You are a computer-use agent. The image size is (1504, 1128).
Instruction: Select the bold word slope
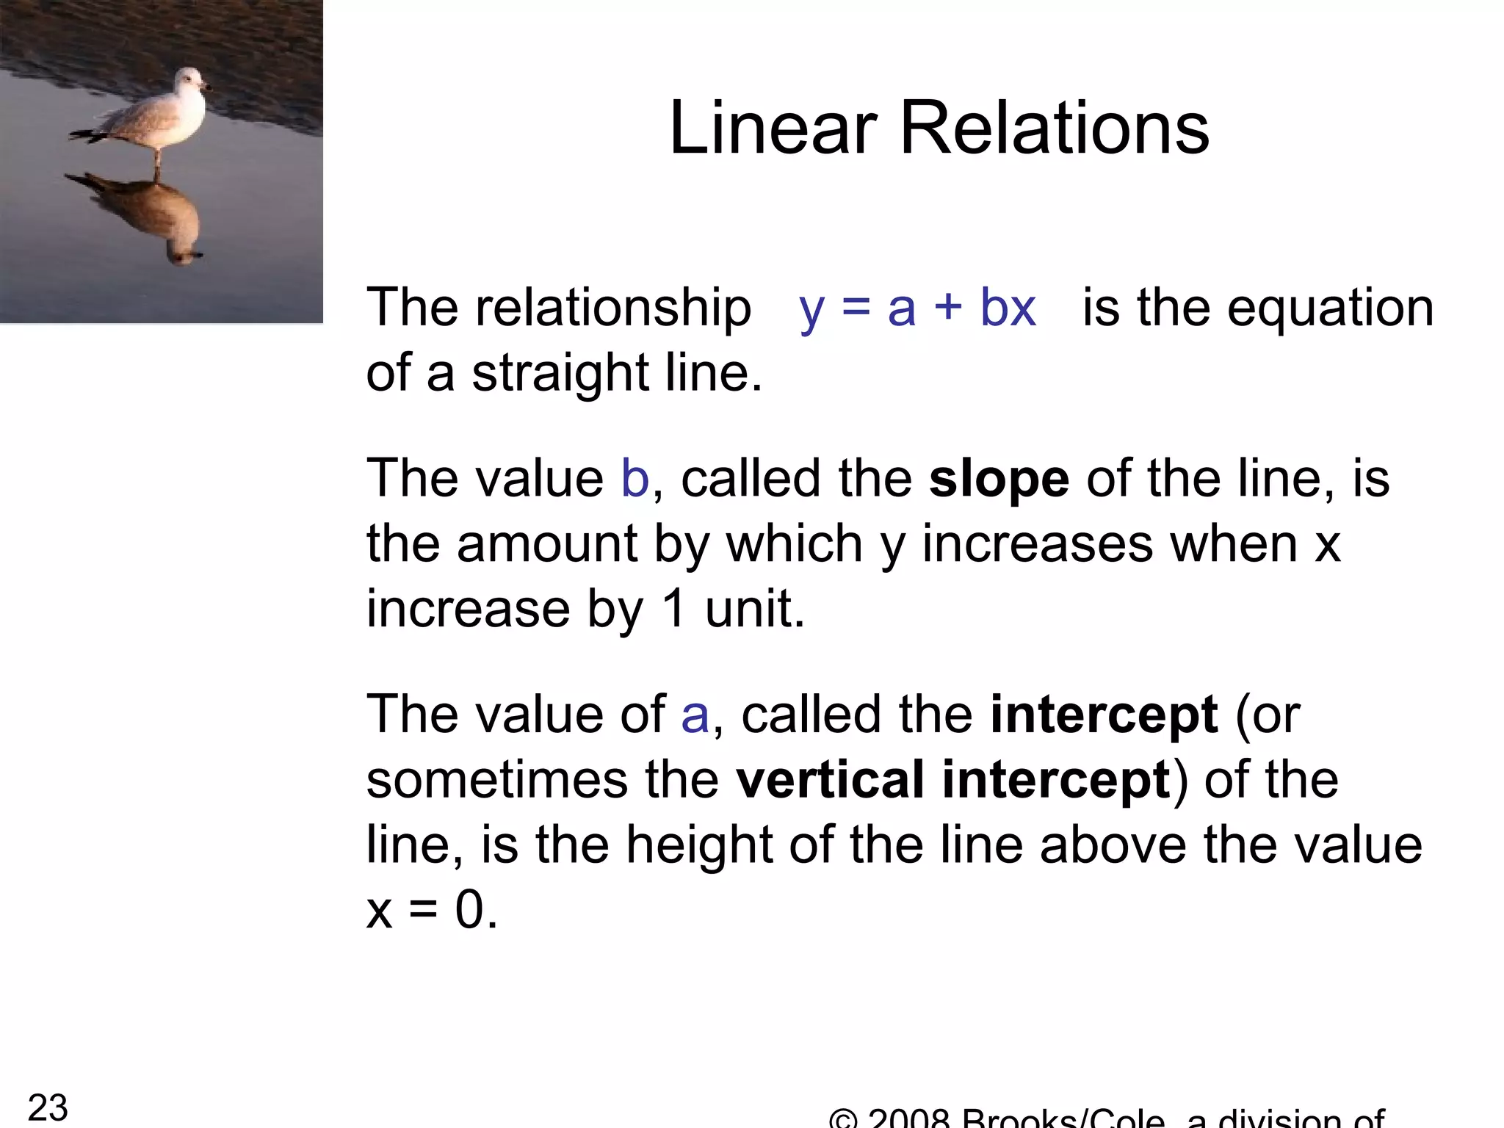(999, 480)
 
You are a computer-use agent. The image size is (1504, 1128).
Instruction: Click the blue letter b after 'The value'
(635, 480)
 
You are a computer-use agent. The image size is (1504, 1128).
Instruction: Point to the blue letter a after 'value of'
(695, 715)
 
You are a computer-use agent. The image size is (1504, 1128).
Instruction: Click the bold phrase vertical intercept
(953, 780)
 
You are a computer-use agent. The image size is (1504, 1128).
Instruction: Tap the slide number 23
(48, 1107)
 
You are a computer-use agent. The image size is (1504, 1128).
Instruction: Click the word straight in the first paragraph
(560, 374)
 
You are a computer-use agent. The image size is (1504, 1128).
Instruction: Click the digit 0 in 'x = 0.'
(469, 911)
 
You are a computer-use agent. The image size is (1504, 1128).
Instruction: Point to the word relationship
(613, 308)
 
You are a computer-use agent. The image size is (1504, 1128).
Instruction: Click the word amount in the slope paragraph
(546, 545)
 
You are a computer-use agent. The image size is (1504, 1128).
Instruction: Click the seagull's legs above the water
(157, 157)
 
